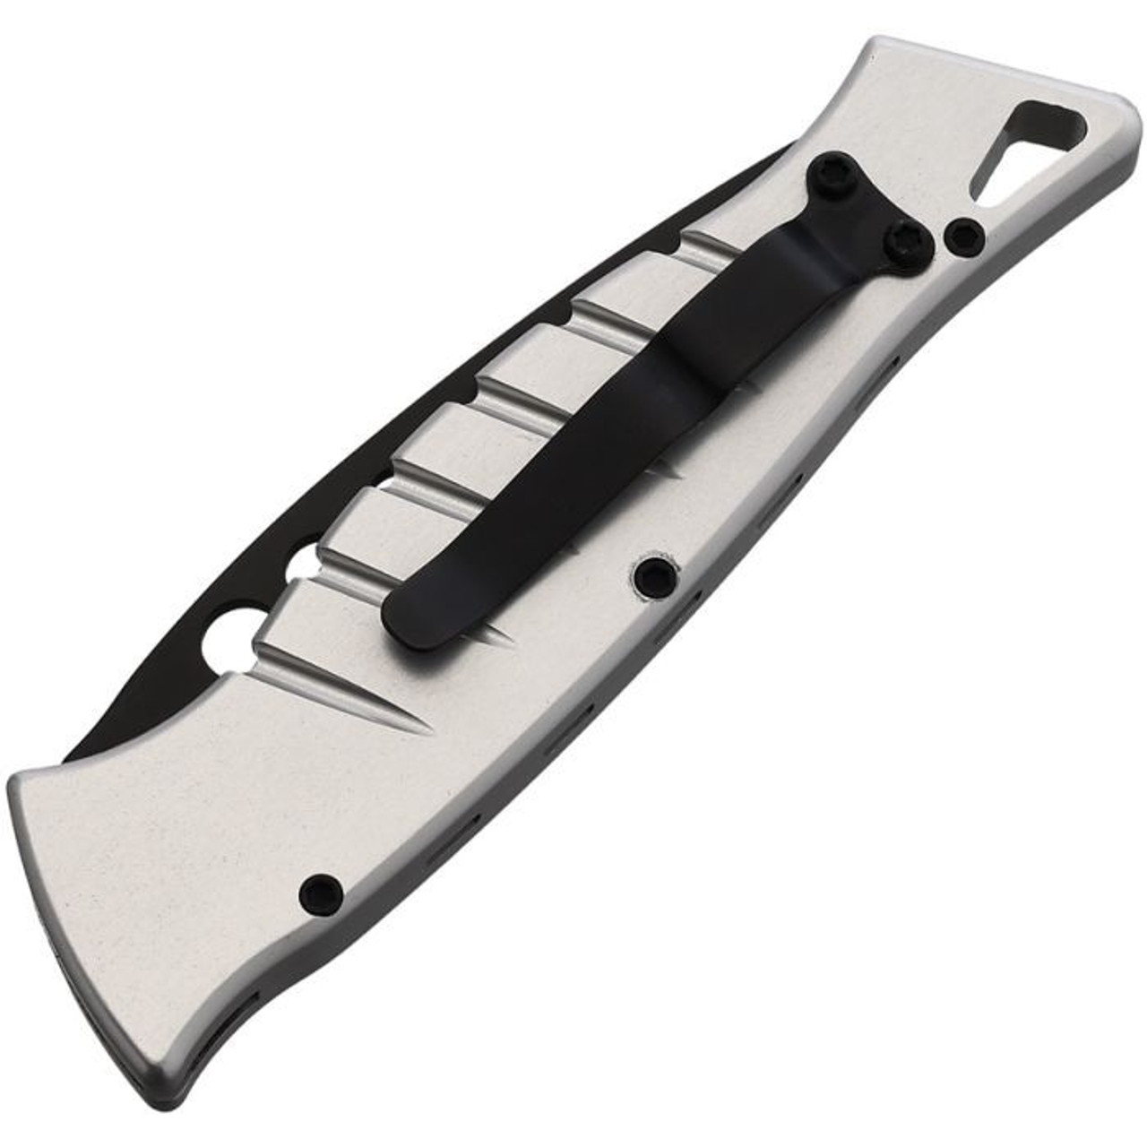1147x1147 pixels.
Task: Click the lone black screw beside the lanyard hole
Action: (x=965, y=235)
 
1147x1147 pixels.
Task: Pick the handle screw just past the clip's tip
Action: (x=651, y=574)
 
